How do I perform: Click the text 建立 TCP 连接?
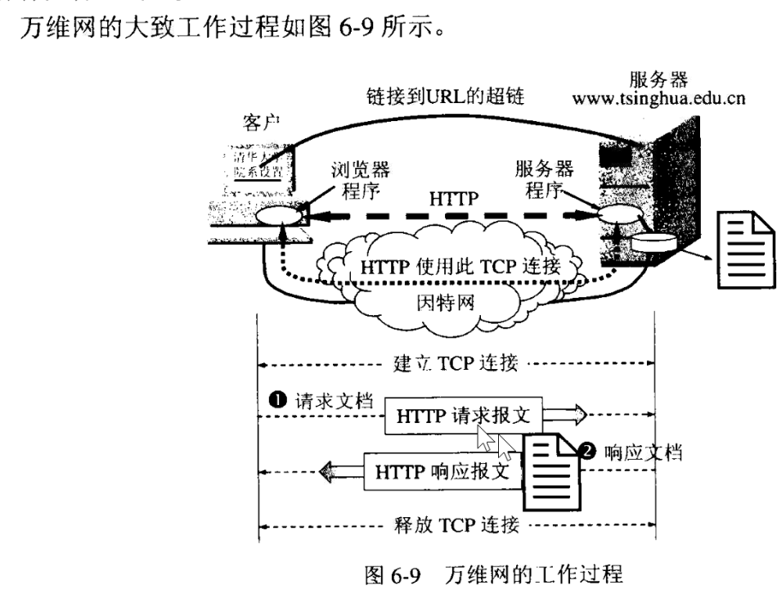pos(456,363)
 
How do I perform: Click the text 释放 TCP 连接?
pos(456,522)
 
